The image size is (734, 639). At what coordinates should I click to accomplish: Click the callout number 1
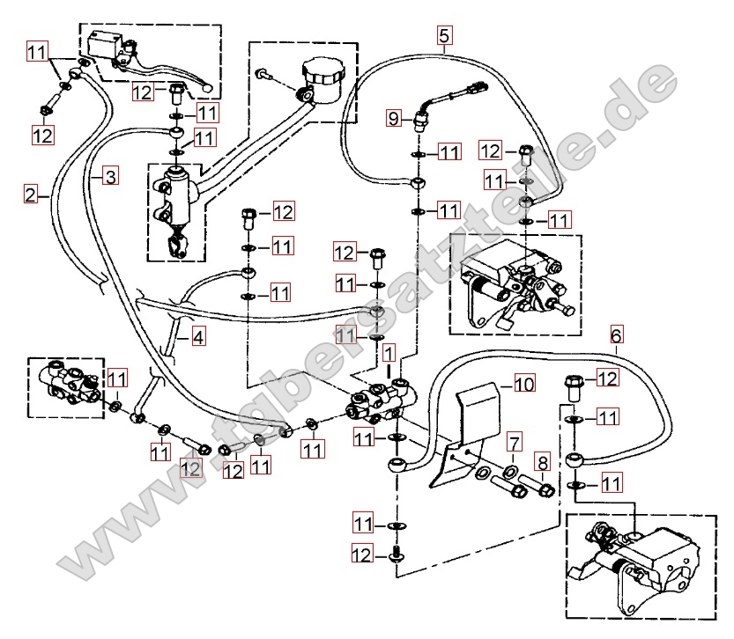coord(389,352)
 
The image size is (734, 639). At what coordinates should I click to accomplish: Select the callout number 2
coord(31,194)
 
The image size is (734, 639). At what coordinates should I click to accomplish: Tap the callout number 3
coord(111,177)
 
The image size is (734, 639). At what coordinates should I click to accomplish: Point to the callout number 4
coord(198,336)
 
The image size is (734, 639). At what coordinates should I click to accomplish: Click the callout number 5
coord(444,35)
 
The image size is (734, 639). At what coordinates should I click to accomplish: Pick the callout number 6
coord(617,335)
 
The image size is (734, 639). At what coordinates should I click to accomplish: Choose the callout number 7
coord(514,443)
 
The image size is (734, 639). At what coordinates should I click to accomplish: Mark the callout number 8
coord(543,463)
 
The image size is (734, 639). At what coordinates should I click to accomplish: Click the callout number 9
coord(394,118)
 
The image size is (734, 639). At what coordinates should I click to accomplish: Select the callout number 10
coord(524,384)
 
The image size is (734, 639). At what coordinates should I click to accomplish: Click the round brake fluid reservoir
coord(323,80)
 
